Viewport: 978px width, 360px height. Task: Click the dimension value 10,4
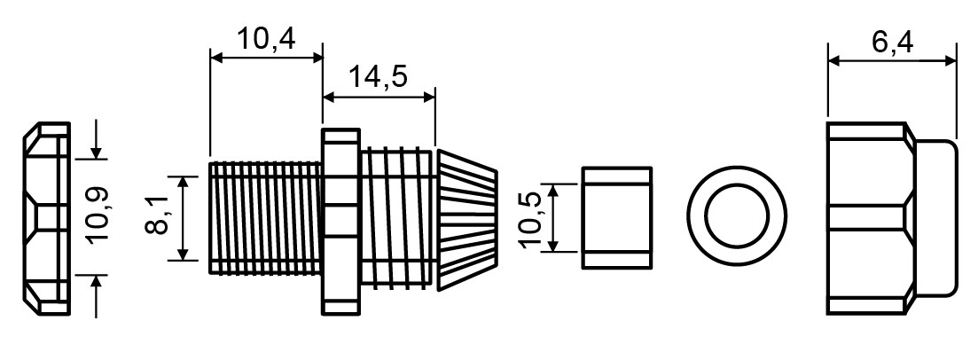point(266,39)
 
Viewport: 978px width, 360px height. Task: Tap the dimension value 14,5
point(378,77)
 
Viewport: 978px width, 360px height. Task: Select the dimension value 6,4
point(892,43)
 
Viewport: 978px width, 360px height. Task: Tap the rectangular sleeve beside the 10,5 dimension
point(617,218)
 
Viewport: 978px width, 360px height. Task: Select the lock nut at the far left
point(47,218)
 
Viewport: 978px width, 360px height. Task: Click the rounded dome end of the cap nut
point(935,218)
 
